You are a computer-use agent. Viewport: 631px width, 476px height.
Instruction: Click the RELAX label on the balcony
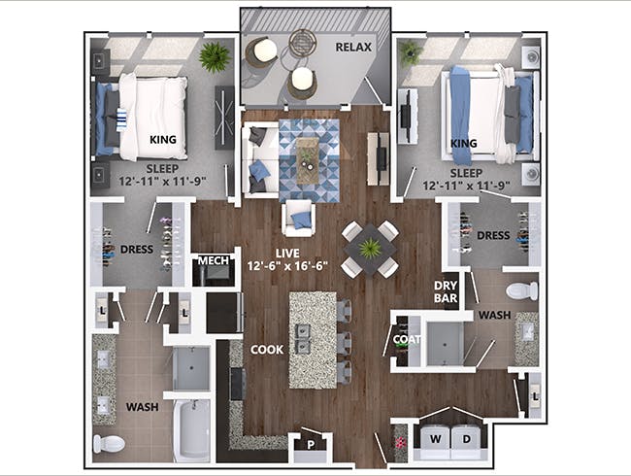[x=354, y=46]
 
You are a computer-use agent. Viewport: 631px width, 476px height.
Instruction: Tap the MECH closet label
[x=212, y=261]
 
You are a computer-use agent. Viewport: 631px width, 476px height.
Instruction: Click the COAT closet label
[x=405, y=339]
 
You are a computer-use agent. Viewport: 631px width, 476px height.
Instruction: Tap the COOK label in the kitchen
[x=267, y=349]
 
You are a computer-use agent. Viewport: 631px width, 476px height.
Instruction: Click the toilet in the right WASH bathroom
[x=522, y=289]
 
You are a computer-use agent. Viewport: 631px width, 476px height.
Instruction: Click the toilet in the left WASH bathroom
[x=109, y=444]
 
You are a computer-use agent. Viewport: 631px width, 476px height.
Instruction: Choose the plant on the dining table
[x=370, y=249]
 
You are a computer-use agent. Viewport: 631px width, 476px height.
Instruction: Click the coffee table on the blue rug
[x=308, y=154]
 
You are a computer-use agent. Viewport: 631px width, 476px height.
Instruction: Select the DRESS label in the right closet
[x=493, y=234]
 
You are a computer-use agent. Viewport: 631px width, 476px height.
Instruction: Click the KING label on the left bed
[x=162, y=139]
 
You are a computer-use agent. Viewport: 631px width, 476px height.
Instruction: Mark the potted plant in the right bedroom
[x=412, y=52]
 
